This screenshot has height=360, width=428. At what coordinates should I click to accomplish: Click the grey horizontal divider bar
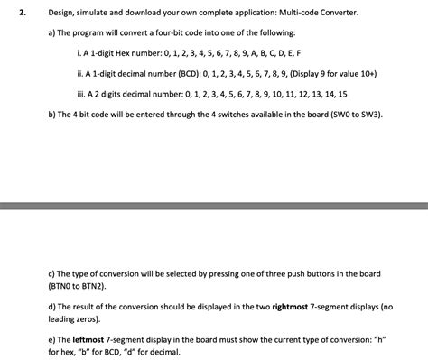[x=214, y=206]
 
